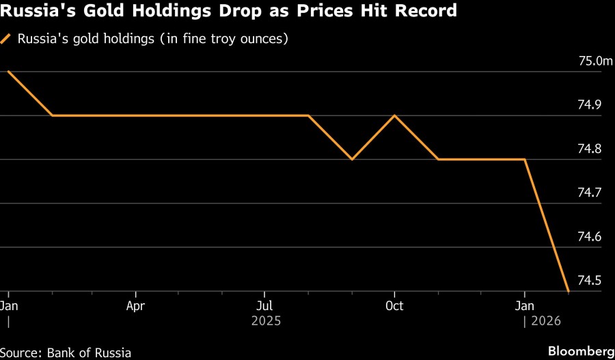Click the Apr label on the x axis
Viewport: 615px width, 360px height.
point(136,305)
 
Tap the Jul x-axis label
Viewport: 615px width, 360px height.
point(265,305)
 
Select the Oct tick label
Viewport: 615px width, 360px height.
point(394,305)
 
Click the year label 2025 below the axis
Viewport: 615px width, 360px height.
point(265,320)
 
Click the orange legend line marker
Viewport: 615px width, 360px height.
point(7,40)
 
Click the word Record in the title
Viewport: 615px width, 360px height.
point(427,12)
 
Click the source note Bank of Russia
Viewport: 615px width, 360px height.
point(90,352)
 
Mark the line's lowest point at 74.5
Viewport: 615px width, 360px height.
point(569,291)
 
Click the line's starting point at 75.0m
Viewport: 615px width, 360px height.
point(8,72)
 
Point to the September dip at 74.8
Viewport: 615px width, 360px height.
point(351,159)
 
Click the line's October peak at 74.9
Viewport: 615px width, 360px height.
point(394,115)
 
